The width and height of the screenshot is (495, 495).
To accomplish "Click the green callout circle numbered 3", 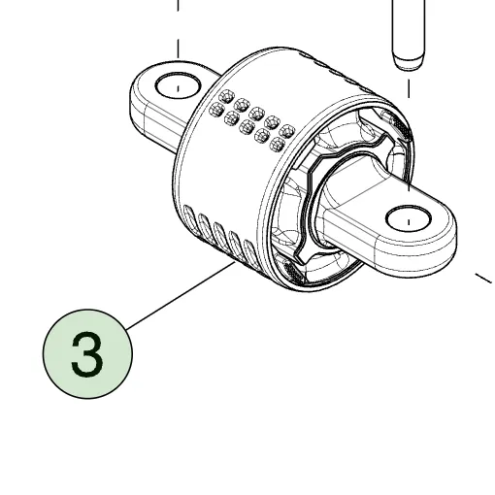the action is (87, 353).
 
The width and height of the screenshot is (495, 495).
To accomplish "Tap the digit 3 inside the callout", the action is (87, 354).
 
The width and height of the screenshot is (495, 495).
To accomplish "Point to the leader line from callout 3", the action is (181, 296).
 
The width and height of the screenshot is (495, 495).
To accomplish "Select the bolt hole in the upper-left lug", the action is (178, 85).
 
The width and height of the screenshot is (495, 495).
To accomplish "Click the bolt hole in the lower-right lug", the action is (409, 218).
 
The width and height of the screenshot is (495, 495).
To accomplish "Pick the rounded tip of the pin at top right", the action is (408, 61).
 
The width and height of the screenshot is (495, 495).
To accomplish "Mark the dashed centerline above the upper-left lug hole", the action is (178, 29).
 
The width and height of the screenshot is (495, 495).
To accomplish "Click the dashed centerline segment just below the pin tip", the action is (409, 88).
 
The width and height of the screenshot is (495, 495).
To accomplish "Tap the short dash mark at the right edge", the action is (483, 279).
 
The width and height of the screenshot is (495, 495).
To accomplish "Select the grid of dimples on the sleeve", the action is (252, 120).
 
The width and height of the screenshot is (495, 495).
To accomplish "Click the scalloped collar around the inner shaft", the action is (343, 197).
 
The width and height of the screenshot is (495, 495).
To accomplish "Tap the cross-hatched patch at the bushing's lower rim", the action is (292, 271).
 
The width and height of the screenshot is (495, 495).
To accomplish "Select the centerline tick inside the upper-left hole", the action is (178, 88).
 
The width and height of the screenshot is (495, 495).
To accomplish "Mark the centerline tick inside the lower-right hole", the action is (409, 222).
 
